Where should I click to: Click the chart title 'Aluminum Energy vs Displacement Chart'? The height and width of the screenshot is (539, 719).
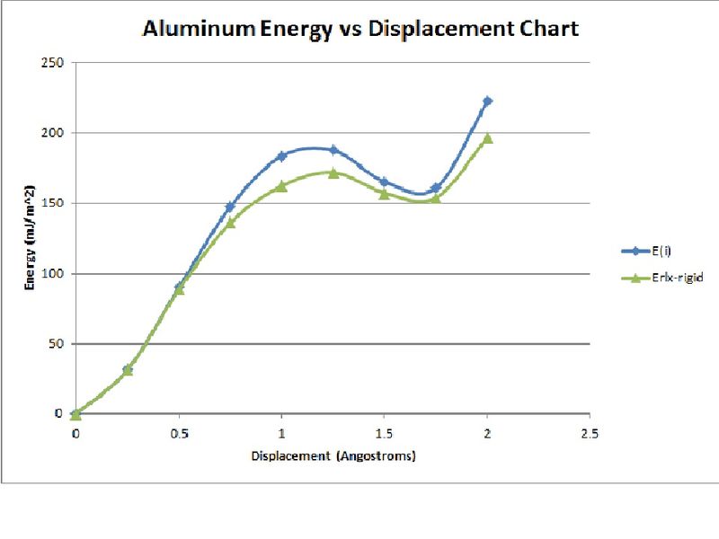coord(359,29)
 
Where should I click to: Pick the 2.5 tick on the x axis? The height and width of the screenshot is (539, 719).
coord(589,433)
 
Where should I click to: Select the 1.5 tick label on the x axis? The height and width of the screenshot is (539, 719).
coord(384,433)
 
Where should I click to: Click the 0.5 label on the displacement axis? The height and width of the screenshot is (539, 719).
coord(178,433)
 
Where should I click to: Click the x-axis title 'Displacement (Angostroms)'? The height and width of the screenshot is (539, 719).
coord(333,455)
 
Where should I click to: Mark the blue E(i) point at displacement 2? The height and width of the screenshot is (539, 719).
coord(487,101)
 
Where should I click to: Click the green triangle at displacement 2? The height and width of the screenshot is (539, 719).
coord(487,138)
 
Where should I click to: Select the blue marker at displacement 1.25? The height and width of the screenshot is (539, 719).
coord(333,150)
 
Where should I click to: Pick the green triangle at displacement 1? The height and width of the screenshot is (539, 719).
coord(281,186)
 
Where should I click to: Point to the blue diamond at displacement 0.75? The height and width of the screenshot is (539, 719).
coord(230,207)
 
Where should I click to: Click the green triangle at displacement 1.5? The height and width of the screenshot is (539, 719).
coord(384,193)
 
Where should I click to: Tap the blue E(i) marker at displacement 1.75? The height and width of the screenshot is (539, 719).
coord(436,188)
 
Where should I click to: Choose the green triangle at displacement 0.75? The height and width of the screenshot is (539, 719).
coord(230,222)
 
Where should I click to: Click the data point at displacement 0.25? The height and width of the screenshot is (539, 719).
coord(127,369)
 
